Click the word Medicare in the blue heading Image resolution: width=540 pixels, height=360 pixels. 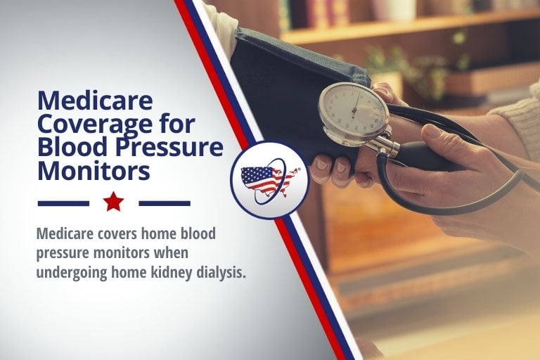95,101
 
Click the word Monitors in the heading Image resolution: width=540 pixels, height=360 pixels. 94,170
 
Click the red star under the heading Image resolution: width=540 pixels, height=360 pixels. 114,202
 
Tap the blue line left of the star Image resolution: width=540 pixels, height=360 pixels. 63,204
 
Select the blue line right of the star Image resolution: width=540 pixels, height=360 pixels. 165,204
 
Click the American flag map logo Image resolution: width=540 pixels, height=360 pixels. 270,181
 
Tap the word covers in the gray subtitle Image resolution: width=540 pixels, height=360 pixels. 113,233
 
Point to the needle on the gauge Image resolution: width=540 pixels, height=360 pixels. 354,103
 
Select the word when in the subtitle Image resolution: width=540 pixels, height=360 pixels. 173,252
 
